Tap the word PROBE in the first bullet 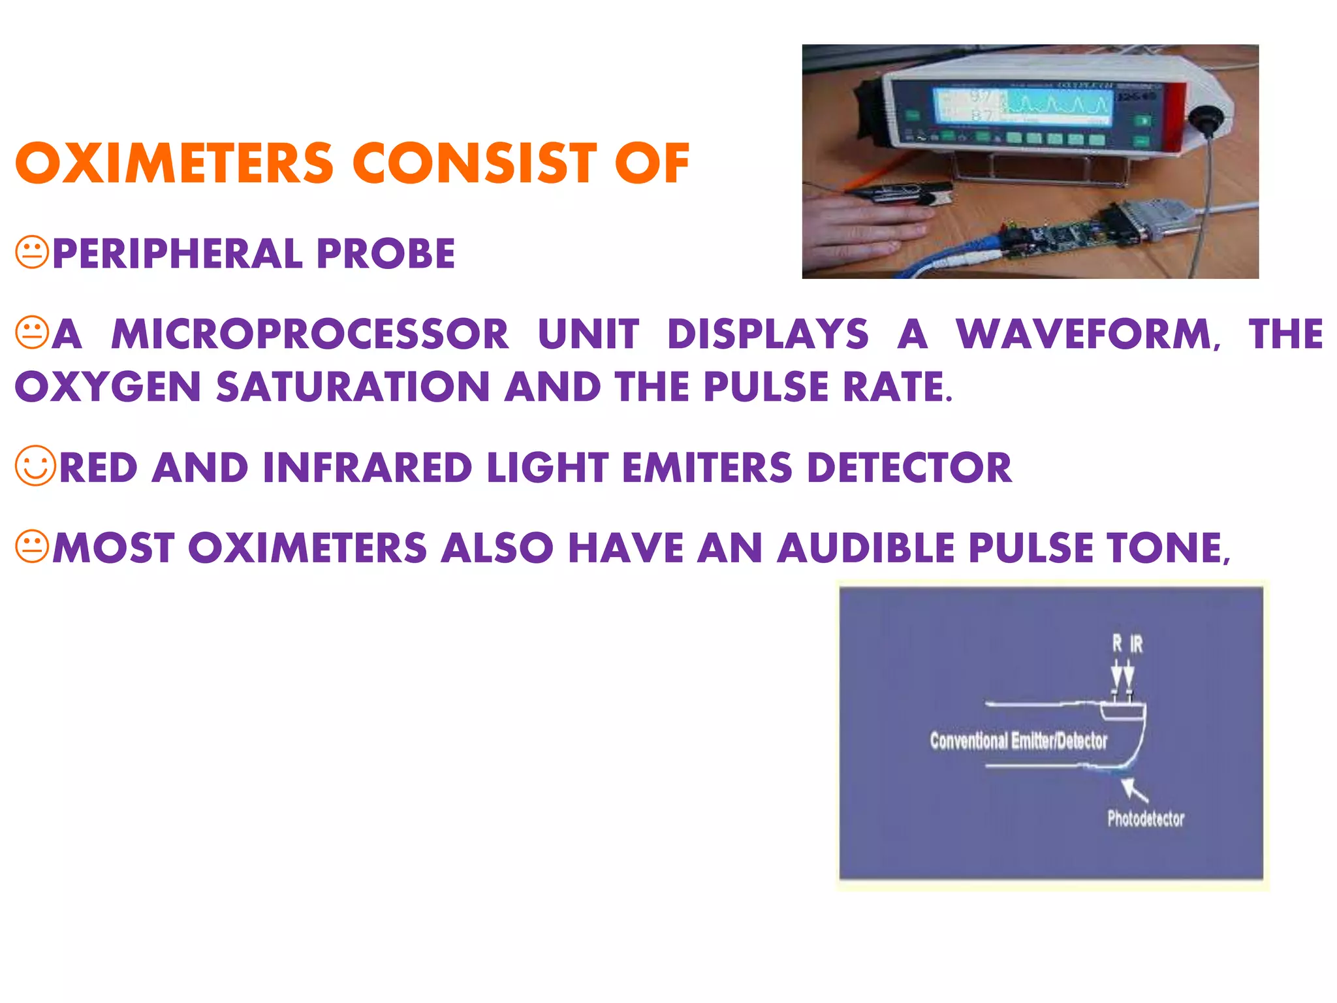pyautogui.click(x=386, y=254)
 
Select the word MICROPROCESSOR pyautogui.click(x=309, y=334)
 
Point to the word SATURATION pyautogui.click(x=353, y=387)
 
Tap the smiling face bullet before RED pyautogui.click(x=35, y=466)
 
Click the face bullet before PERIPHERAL pyautogui.click(x=32, y=253)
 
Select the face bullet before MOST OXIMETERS pyautogui.click(x=32, y=547)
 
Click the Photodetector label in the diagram pyautogui.click(x=1146, y=819)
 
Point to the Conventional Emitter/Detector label pyautogui.click(x=1018, y=741)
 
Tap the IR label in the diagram pyautogui.click(x=1137, y=645)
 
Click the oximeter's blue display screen pyautogui.click(x=1022, y=105)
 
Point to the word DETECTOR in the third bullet pyautogui.click(x=909, y=468)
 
